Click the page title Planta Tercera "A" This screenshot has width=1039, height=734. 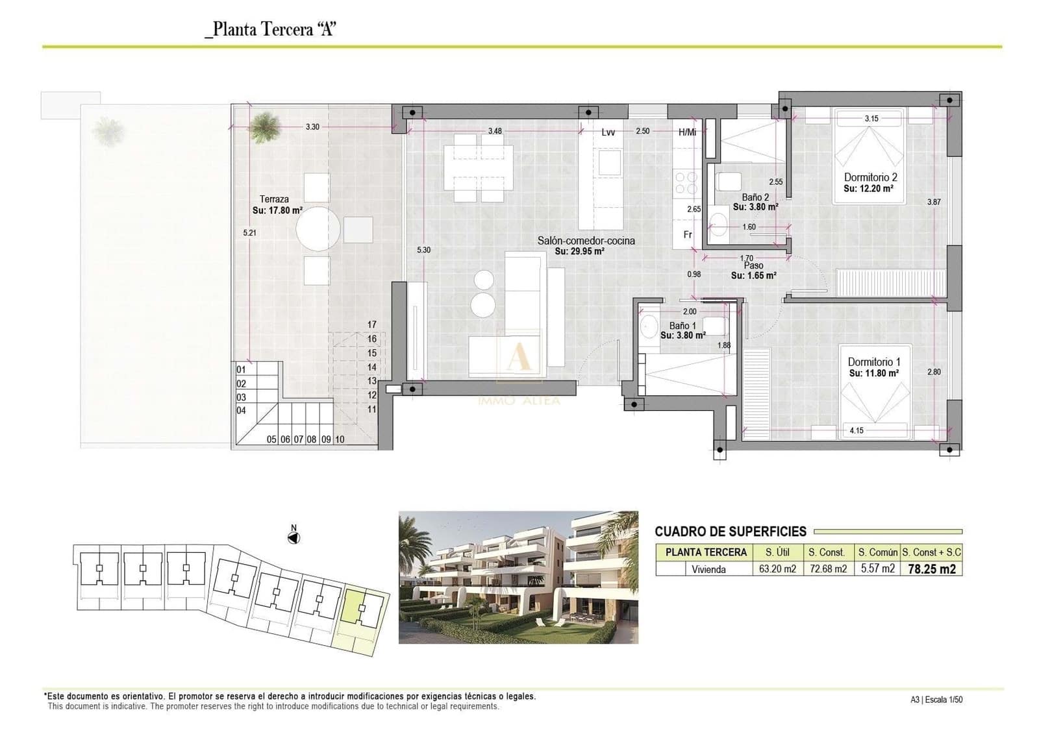pos(270,29)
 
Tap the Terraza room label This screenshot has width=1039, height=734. pos(274,199)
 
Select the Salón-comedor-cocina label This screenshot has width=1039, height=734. pos(586,241)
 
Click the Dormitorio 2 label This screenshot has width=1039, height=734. pos(870,177)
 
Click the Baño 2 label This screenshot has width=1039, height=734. pos(755,197)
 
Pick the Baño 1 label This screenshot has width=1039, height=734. pos(682,326)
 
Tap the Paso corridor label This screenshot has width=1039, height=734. pos(753,265)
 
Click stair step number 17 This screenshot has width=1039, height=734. pos(372,324)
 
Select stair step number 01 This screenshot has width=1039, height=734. pos(241,370)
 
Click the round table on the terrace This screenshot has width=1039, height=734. pos(318,228)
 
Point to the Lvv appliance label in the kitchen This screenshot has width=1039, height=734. pos(608,132)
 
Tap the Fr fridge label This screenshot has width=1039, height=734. pos(687,235)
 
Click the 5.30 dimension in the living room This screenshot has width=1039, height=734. pos(423,250)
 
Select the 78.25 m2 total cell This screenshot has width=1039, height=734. pos(932,569)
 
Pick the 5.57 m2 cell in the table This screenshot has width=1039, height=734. pos(877,569)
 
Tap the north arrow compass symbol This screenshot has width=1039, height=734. pos(294,537)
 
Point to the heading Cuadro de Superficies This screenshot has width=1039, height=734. pos(730,532)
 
